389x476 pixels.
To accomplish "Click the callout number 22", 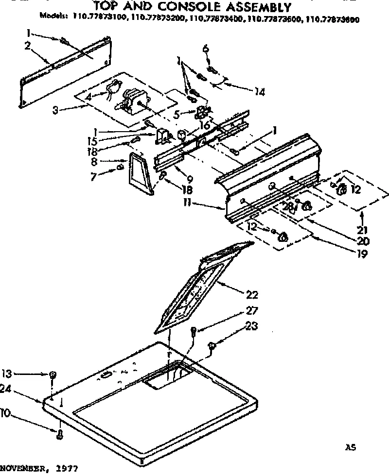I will [252, 294].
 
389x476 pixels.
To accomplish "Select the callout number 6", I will [205, 48].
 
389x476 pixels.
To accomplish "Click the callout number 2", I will [28, 46].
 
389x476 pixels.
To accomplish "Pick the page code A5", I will [350, 447].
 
